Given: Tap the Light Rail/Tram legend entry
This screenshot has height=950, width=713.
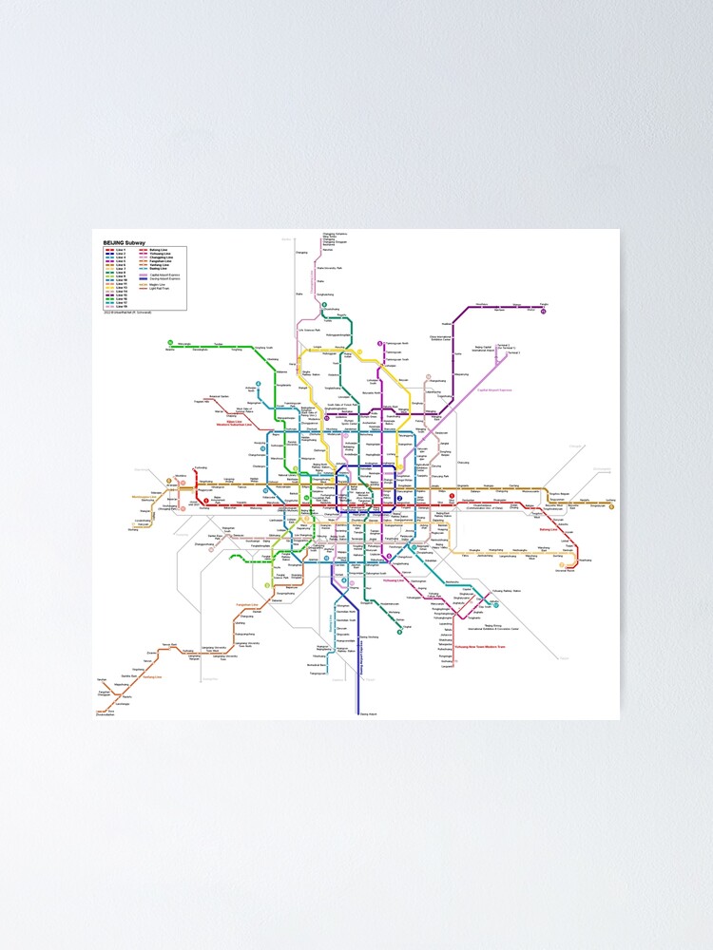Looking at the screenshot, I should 161,287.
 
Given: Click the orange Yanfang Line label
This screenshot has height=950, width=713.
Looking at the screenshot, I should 151,677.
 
